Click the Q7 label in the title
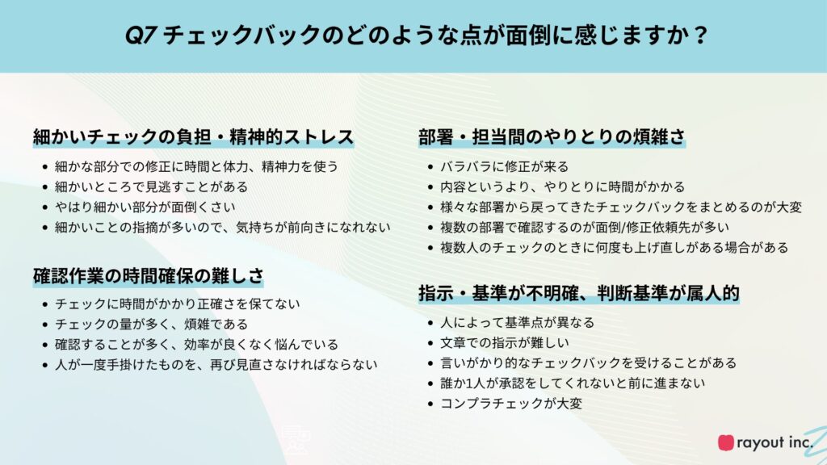coord(141,36)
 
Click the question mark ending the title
coord(700,36)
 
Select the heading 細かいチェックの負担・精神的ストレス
coord(193,136)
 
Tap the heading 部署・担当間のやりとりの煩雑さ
coord(552,136)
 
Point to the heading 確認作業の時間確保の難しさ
coord(148,276)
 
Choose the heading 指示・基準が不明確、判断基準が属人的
coord(578,292)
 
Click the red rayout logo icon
coord(726,442)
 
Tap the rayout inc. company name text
coord(775,442)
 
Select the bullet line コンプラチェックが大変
coord(511,404)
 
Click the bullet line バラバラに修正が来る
coord(505,166)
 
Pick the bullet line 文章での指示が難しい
coord(505,342)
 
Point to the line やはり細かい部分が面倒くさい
coord(145,207)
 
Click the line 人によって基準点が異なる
coord(518,322)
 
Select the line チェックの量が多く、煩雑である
coord(151,325)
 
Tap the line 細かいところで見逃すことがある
coord(151,186)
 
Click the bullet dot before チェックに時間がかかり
coord(45,304)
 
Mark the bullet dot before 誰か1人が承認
coord(430,383)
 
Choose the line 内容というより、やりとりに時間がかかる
coord(563,186)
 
